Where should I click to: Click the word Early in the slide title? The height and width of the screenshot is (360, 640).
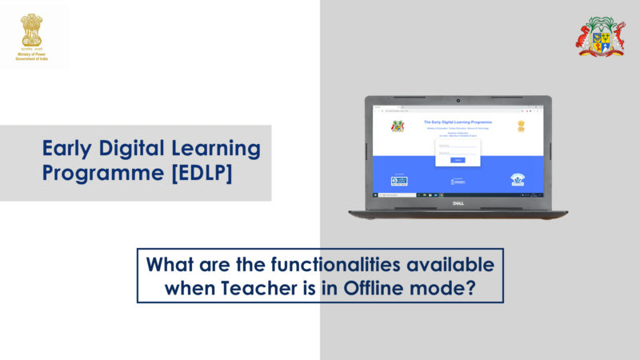tap(70, 149)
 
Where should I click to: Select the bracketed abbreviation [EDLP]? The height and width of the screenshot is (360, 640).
tap(199, 173)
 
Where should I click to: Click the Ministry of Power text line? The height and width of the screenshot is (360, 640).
tap(31, 54)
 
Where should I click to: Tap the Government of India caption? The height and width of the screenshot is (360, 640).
tap(31, 59)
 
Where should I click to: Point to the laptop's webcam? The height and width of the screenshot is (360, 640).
tap(458, 101)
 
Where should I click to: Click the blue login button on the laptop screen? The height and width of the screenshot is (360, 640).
tap(458, 160)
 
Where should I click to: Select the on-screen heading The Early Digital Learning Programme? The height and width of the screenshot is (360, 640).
tap(458, 122)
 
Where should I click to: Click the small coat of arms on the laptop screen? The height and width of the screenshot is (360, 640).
tap(398, 126)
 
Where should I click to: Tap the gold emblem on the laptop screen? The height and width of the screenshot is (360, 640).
tap(521, 126)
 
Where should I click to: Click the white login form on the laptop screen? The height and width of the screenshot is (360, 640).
tap(458, 150)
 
